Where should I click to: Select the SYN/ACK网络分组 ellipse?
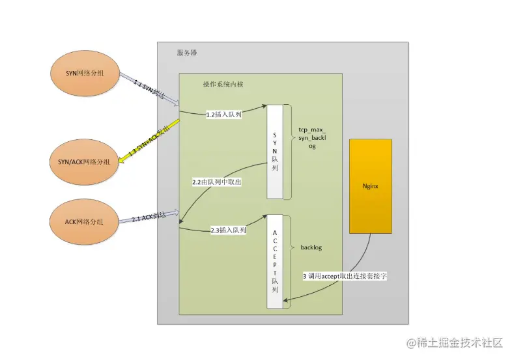pyautogui.click(x=84, y=161)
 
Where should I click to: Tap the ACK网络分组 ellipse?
pyautogui.click(x=84, y=222)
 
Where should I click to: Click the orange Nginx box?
pyautogui.click(x=371, y=186)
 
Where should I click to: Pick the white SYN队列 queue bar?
pyautogui.click(x=275, y=150)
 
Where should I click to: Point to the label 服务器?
pyautogui.click(x=187, y=53)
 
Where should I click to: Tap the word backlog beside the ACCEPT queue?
pyautogui.click(x=311, y=248)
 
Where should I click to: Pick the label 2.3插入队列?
pyautogui.click(x=228, y=230)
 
